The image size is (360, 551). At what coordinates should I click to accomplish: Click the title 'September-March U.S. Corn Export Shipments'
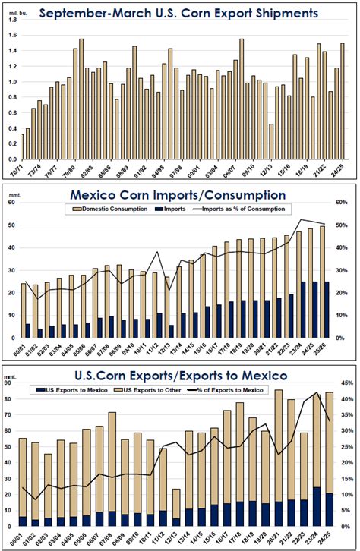click(180, 13)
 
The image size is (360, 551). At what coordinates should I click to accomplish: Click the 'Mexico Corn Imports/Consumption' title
click(180, 195)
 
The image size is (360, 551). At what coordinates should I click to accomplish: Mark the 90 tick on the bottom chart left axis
click(14, 383)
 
